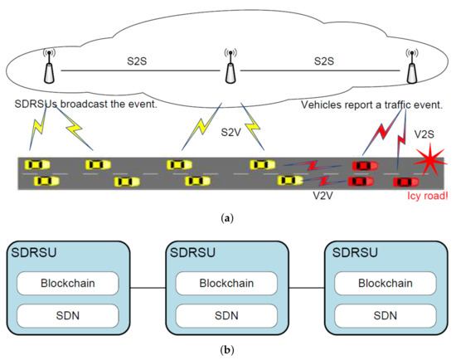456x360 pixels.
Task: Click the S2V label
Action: click(x=231, y=133)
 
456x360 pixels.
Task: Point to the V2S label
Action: click(x=424, y=134)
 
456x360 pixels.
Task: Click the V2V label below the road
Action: click(x=323, y=196)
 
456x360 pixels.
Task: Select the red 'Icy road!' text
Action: click(x=428, y=196)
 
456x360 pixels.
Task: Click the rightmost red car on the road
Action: click(x=406, y=182)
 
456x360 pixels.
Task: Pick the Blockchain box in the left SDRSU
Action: click(x=68, y=283)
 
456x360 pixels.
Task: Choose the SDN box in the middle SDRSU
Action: click(x=226, y=316)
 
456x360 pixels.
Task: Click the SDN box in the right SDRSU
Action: click(x=386, y=316)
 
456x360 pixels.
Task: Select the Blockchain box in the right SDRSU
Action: click(x=386, y=283)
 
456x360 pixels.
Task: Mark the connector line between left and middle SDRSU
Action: click(x=148, y=288)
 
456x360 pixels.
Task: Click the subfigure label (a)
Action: click(x=227, y=218)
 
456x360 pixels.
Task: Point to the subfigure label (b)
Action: click(x=227, y=349)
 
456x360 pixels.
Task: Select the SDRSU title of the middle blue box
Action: click(x=192, y=252)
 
